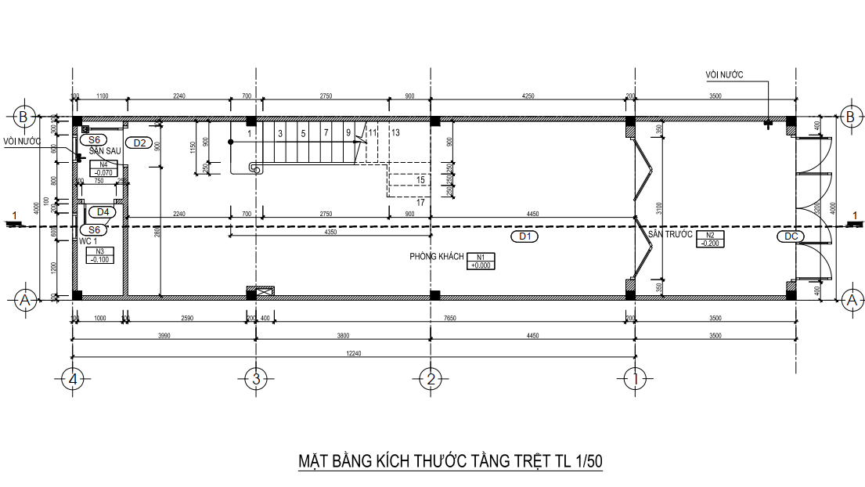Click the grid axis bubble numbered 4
click(x=73, y=379)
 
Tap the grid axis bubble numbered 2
click(x=430, y=379)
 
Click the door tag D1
click(x=524, y=235)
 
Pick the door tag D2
click(x=141, y=142)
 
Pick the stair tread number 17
click(x=420, y=203)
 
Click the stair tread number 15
click(x=420, y=179)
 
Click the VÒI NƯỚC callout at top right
click(x=724, y=74)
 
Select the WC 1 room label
click(x=89, y=241)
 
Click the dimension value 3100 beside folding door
click(x=659, y=207)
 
